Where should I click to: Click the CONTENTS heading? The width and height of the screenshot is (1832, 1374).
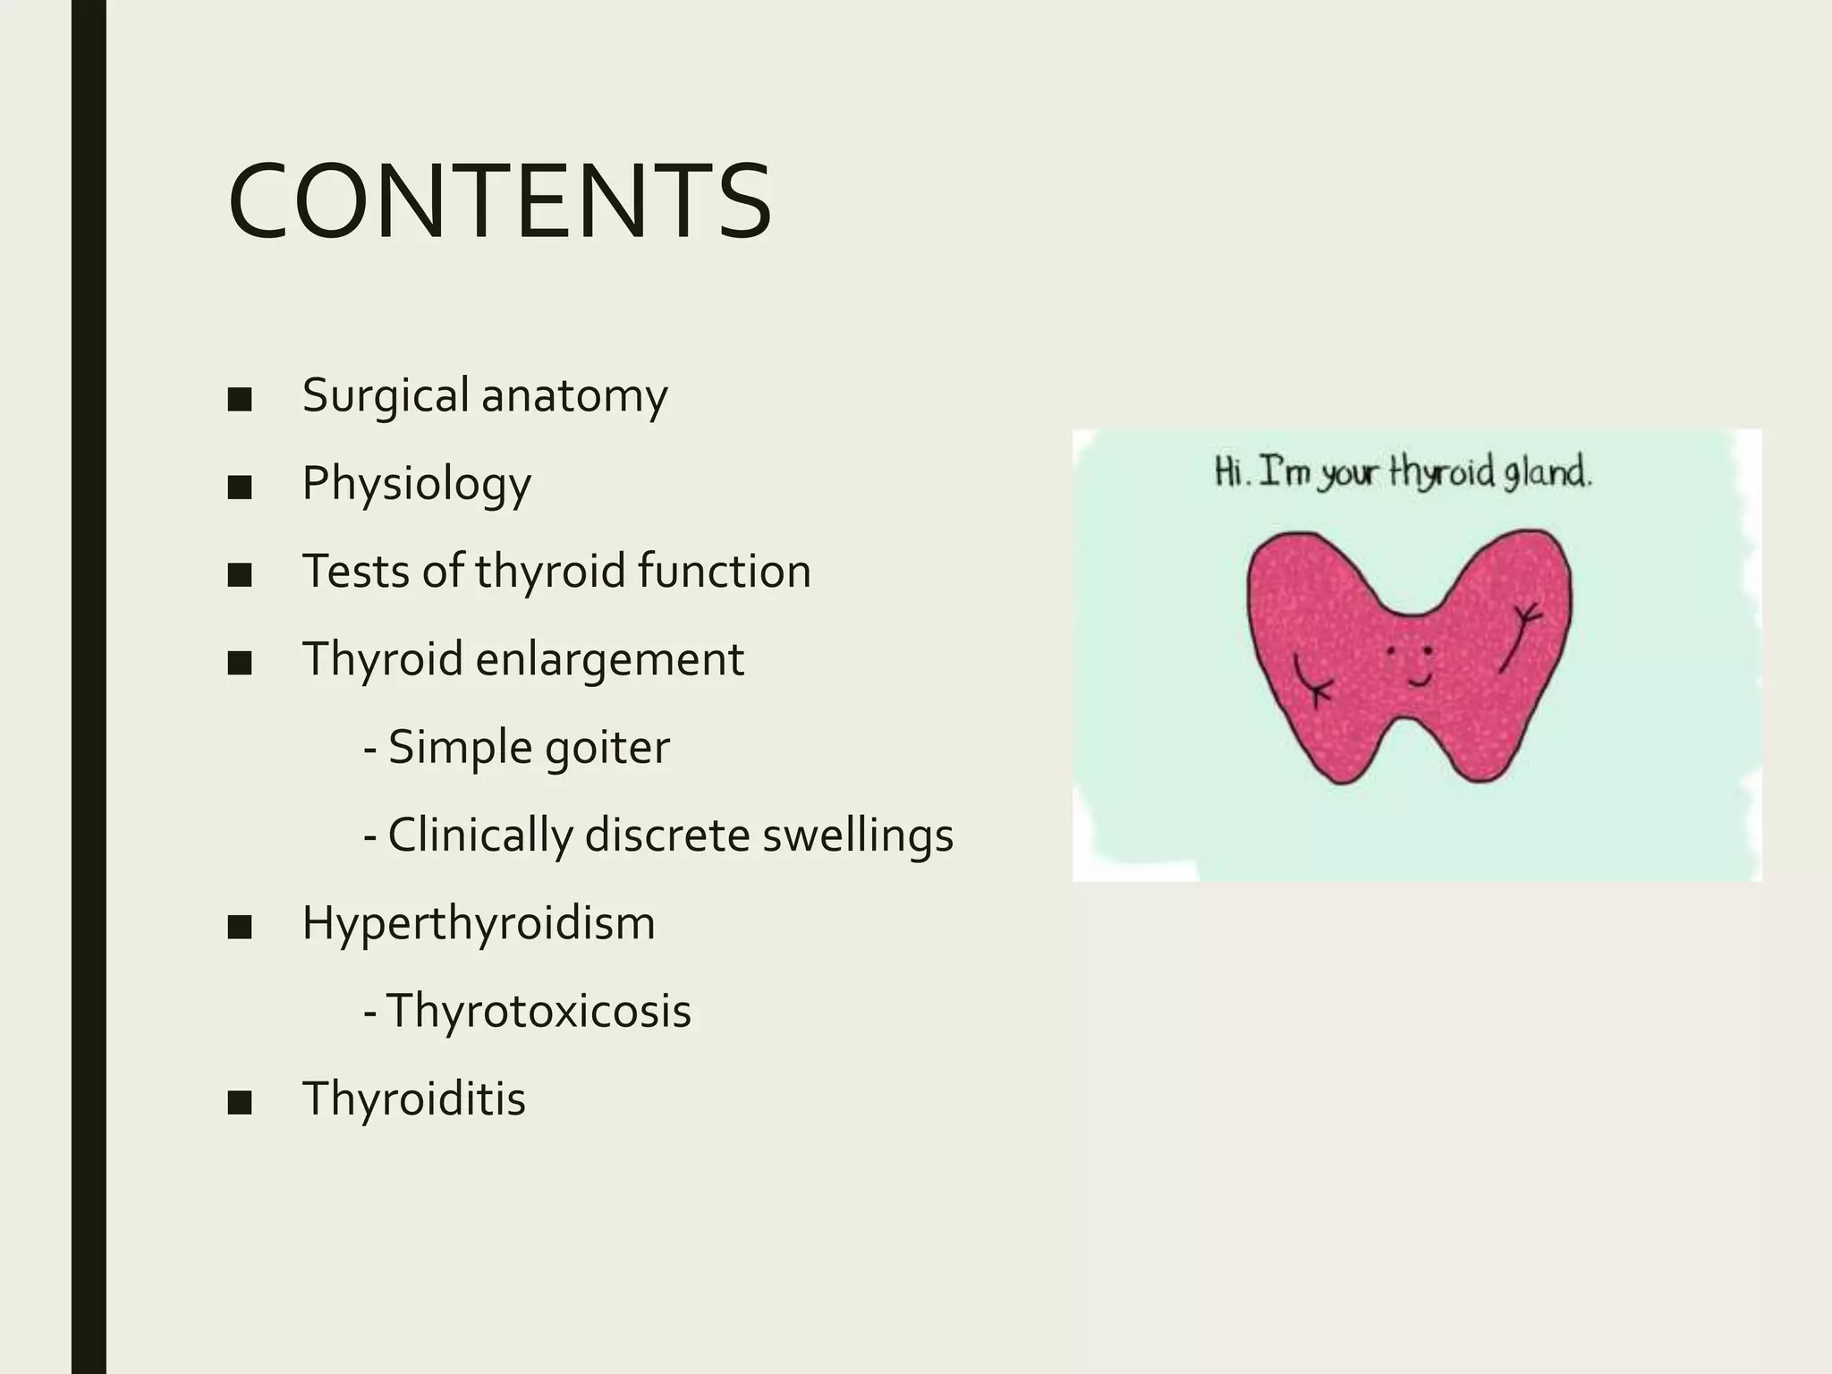point(499,202)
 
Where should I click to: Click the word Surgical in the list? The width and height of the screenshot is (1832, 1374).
point(386,395)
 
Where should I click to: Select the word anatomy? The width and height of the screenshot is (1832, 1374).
point(574,397)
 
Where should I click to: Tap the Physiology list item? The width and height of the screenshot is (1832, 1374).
point(416,484)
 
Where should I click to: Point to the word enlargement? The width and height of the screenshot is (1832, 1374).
point(609,659)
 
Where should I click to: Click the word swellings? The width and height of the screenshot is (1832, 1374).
point(857,835)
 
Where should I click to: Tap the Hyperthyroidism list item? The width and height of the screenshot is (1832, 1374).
point(478,923)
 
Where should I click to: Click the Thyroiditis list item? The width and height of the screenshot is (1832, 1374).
point(413,1098)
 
